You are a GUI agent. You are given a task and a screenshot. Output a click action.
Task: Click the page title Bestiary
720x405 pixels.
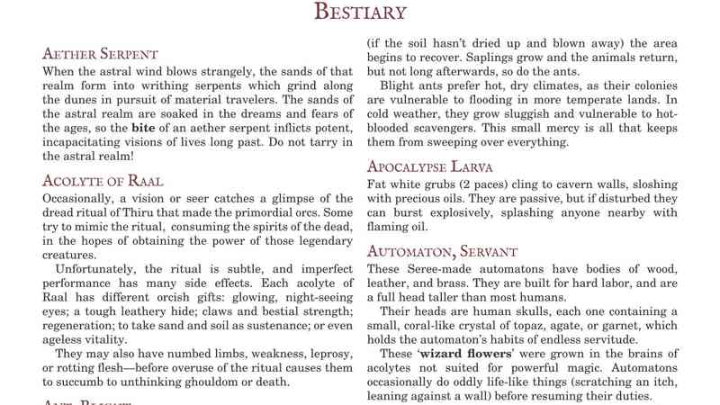[x=360, y=12]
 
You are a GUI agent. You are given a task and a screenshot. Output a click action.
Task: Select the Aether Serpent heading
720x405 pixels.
[x=100, y=54]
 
